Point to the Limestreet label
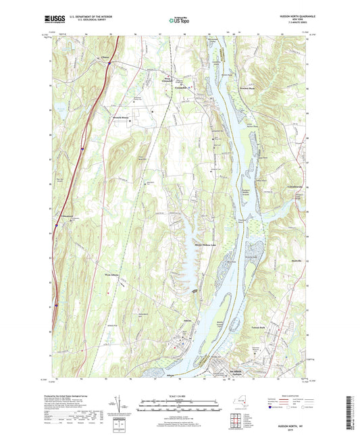click(62, 216)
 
